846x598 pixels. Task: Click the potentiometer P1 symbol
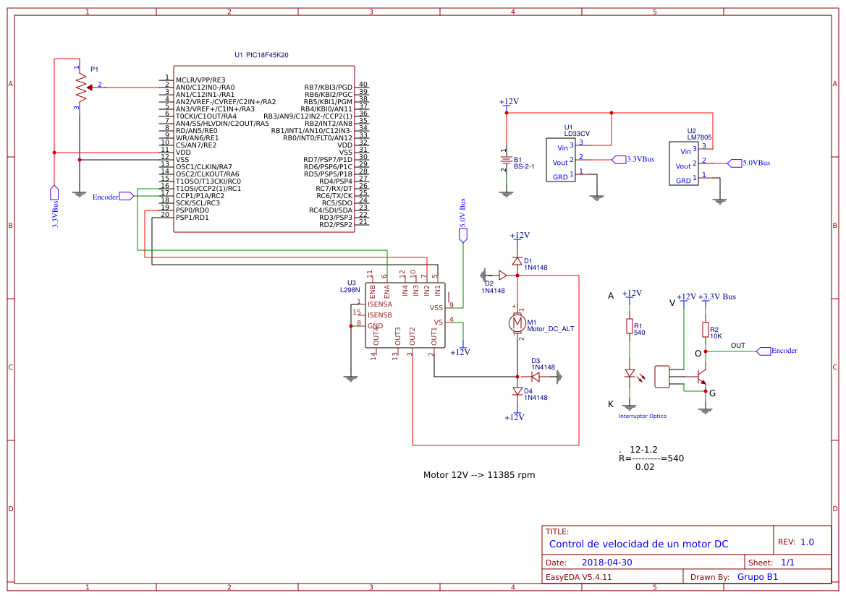(79, 87)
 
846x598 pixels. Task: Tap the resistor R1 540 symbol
(630, 327)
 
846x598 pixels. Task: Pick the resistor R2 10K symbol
(706, 330)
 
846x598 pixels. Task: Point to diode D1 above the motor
(517, 260)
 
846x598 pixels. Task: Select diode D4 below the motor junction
(517, 391)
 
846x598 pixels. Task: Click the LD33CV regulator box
(561, 161)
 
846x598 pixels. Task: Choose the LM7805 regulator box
(683, 163)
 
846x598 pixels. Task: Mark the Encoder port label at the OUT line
(777, 351)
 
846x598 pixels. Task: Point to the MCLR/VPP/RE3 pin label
(200, 80)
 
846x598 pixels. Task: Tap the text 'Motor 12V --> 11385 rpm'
(478, 475)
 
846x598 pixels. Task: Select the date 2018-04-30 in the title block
(606, 562)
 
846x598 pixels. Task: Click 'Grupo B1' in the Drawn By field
(757, 576)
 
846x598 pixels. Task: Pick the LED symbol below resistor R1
(630, 374)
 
